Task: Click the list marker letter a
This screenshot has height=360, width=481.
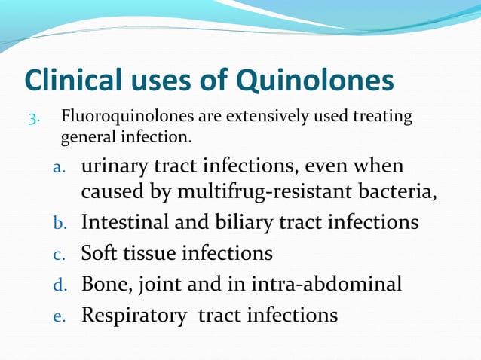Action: tap(63, 167)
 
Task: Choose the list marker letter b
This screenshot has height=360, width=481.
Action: tap(63, 224)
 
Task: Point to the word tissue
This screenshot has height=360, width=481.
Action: tap(150, 253)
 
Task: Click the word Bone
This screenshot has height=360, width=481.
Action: tap(103, 284)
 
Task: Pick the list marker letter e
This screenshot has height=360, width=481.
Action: tap(63, 316)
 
